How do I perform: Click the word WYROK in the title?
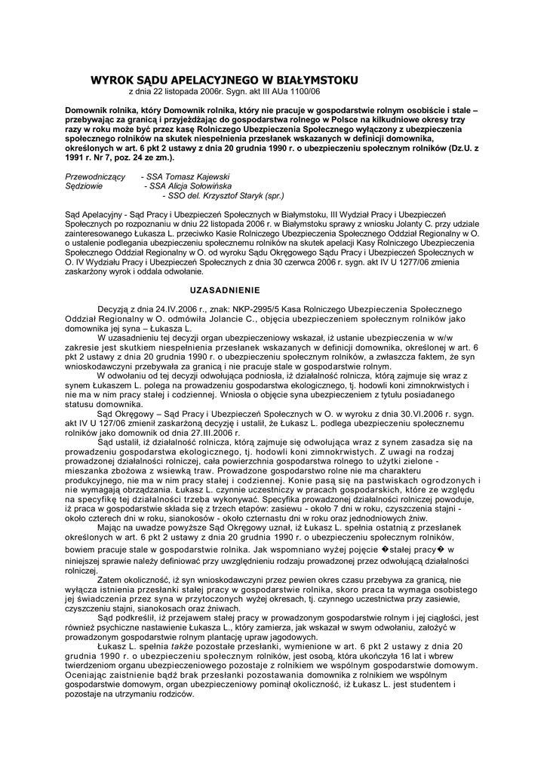click(x=112, y=80)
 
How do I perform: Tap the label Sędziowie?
click(x=85, y=185)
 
